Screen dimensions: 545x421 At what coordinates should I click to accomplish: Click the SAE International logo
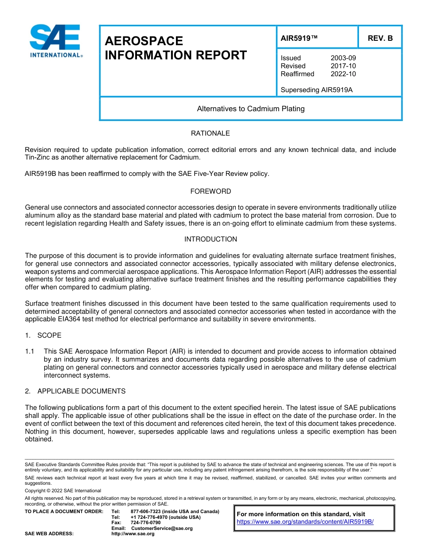55,41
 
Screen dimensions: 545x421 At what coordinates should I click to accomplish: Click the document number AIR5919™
300,38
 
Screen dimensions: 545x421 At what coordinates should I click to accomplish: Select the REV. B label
380,38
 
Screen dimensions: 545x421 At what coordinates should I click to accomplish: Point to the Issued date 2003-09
343,58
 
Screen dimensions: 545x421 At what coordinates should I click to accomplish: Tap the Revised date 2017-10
343,66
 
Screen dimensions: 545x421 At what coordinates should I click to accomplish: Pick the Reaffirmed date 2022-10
343,74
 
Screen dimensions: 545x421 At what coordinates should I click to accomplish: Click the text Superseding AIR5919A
316,90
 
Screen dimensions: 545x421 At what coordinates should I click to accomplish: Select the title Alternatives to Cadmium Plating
251,109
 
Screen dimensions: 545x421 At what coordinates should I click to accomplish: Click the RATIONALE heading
210,133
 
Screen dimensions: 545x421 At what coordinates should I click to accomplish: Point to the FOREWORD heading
210,191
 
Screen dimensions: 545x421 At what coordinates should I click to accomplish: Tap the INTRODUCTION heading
210,239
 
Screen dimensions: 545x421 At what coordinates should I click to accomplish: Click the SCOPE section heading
49,335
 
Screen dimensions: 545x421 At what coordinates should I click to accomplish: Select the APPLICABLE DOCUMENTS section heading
81,391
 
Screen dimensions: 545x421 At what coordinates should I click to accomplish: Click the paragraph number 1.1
30,351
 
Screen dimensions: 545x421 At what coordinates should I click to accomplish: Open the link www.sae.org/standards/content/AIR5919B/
305,522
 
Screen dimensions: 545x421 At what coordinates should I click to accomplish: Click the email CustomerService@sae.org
162,528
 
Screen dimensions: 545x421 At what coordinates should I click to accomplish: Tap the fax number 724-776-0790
145,523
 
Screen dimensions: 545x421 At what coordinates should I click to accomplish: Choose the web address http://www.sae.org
133,533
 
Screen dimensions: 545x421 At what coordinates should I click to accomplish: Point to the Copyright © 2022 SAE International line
63,490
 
